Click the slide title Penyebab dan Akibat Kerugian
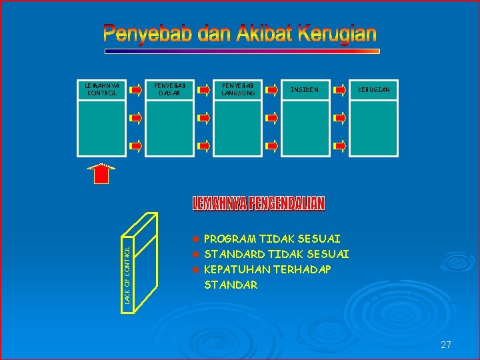click(x=240, y=33)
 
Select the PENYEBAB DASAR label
click(x=170, y=89)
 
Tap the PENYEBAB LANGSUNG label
click(x=238, y=89)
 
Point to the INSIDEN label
click(x=304, y=89)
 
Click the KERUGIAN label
click(x=374, y=89)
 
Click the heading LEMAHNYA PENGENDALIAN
click(x=259, y=204)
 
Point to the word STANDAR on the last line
click(x=231, y=285)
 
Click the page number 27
click(x=446, y=345)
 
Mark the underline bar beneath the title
click(x=241, y=51)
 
